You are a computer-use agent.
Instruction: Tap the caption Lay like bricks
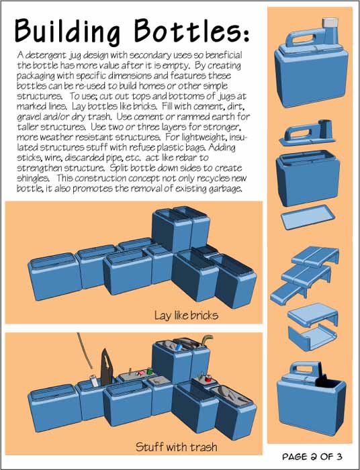pyautogui.click(x=186, y=316)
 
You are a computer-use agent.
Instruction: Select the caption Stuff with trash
pyautogui.click(x=176, y=447)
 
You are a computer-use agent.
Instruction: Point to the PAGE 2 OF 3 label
pyautogui.click(x=312, y=457)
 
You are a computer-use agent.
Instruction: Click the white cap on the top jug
pyautogui.click(x=330, y=22)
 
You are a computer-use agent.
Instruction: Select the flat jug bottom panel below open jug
pyautogui.click(x=308, y=217)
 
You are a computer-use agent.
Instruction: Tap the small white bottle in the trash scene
pyautogui.click(x=93, y=381)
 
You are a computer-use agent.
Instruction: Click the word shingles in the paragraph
pyautogui.click(x=33, y=178)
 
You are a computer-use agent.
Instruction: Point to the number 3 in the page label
pyautogui.click(x=339, y=457)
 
